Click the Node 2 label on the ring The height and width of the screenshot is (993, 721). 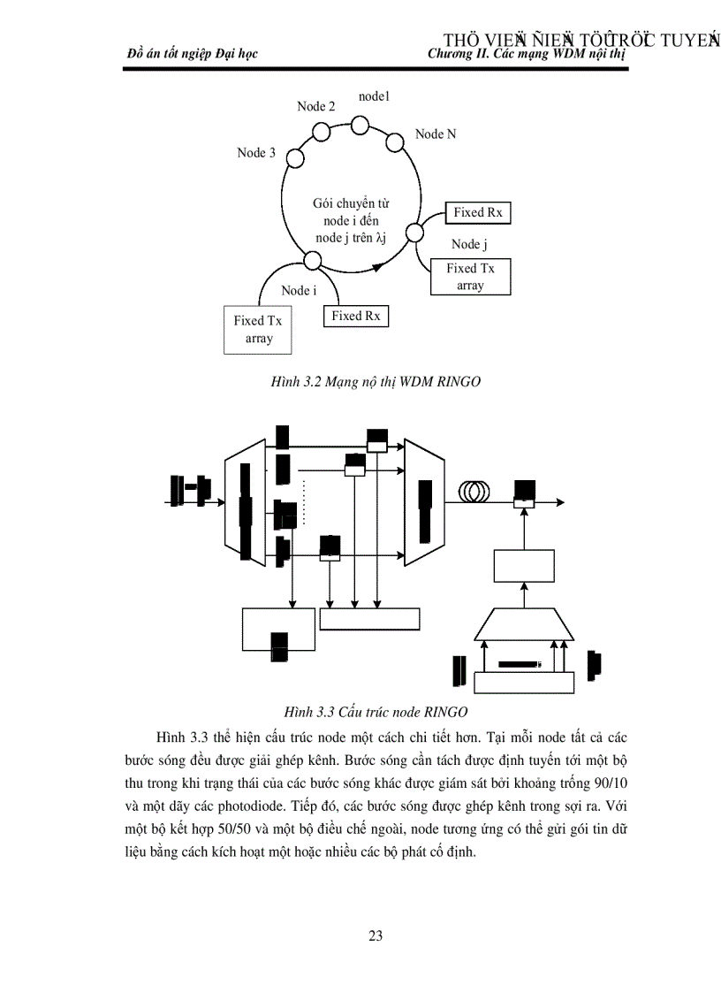pyautogui.click(x=315, y=106)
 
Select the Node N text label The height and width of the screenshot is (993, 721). pyautogui.click(x=436, y=134)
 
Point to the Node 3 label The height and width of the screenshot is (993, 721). pyautogui.click(x=256, y=153)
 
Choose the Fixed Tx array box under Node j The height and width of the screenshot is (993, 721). pyautogui.click(x=470, y=277)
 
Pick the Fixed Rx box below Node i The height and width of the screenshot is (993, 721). pyautogui.click(x=359, y=316)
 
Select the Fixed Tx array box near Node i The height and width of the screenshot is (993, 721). pyautogui.click(x=258, y=330)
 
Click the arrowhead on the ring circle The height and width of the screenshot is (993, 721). pyautogui.click(x=378, y=265)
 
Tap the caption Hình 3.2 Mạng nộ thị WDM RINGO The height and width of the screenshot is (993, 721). pyautogui.click(x=376, y=381)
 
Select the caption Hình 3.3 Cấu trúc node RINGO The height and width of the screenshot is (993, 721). pyautogui.click(x=376, y=711)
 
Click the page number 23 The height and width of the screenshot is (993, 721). pyautogui.click(x=376, y=936)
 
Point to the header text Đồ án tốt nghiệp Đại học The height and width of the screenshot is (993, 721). pyautogui.click(x=193, y=54)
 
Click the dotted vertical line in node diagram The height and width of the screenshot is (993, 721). pyautogui.click(x=304, y=501)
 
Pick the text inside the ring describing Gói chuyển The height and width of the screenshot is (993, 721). pyautogui.click(x=352, y=220)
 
